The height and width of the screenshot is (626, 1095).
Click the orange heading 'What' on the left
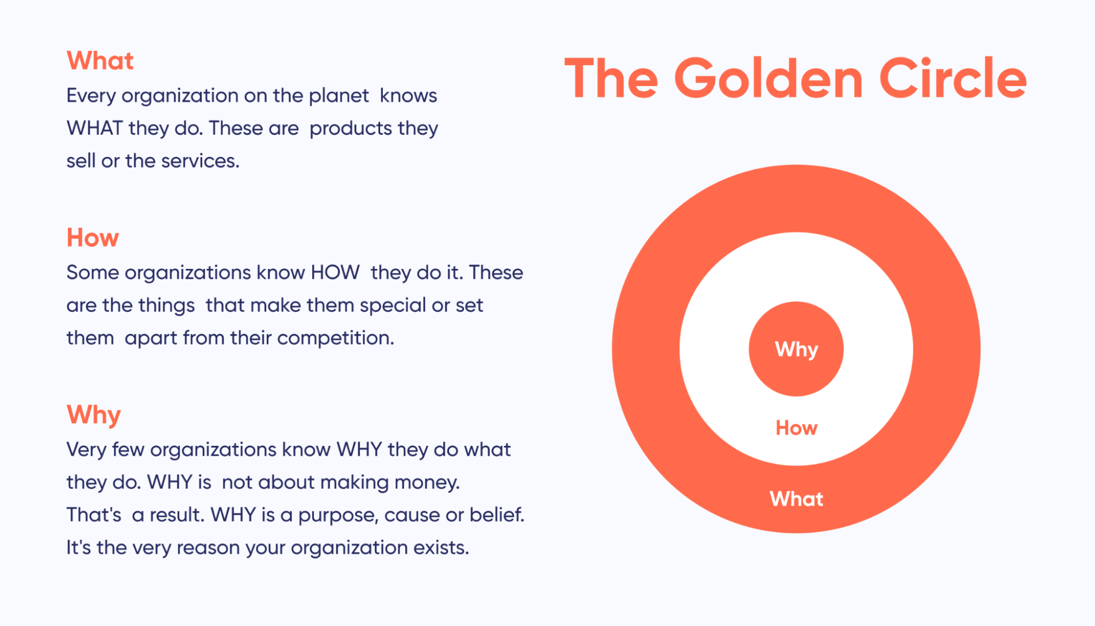(100, 61)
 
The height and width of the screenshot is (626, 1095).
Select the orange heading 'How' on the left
(93, 238)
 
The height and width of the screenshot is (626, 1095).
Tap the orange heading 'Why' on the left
(94, 415)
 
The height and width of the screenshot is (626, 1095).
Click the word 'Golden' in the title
(768, 79)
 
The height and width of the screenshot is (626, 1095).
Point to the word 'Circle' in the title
(953, 79)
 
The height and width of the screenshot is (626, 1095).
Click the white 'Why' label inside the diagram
(796, 349)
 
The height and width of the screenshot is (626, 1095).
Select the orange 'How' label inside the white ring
(796, 428)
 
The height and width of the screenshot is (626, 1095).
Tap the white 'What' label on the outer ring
(796, 499)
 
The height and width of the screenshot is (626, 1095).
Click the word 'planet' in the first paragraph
(339, 96)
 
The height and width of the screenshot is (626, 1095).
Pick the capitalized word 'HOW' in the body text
(335, 272)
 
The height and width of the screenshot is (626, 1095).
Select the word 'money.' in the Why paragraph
(427, 483)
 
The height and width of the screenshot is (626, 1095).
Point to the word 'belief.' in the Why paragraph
(496, 515)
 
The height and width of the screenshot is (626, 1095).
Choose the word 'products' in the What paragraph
(351, 129)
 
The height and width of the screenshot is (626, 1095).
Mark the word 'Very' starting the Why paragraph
(86, 450)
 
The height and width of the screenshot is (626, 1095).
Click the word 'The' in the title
(611, 79)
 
